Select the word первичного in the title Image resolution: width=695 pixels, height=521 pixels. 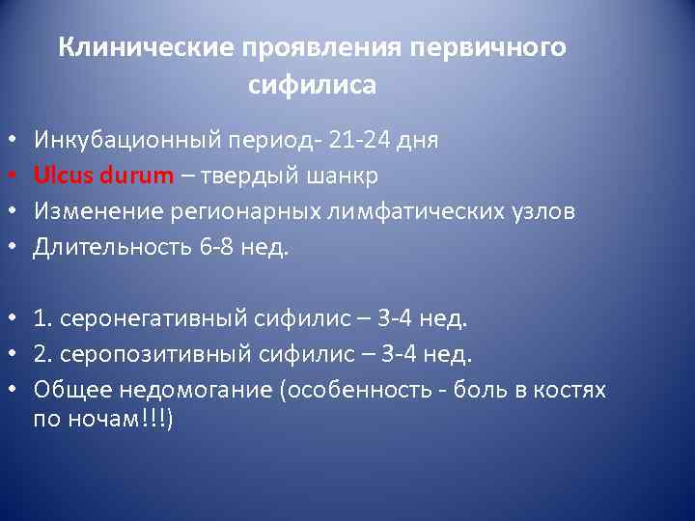(487, 47)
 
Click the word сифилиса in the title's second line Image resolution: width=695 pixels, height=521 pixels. (312, 85)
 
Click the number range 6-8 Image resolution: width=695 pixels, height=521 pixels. (218, 247)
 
